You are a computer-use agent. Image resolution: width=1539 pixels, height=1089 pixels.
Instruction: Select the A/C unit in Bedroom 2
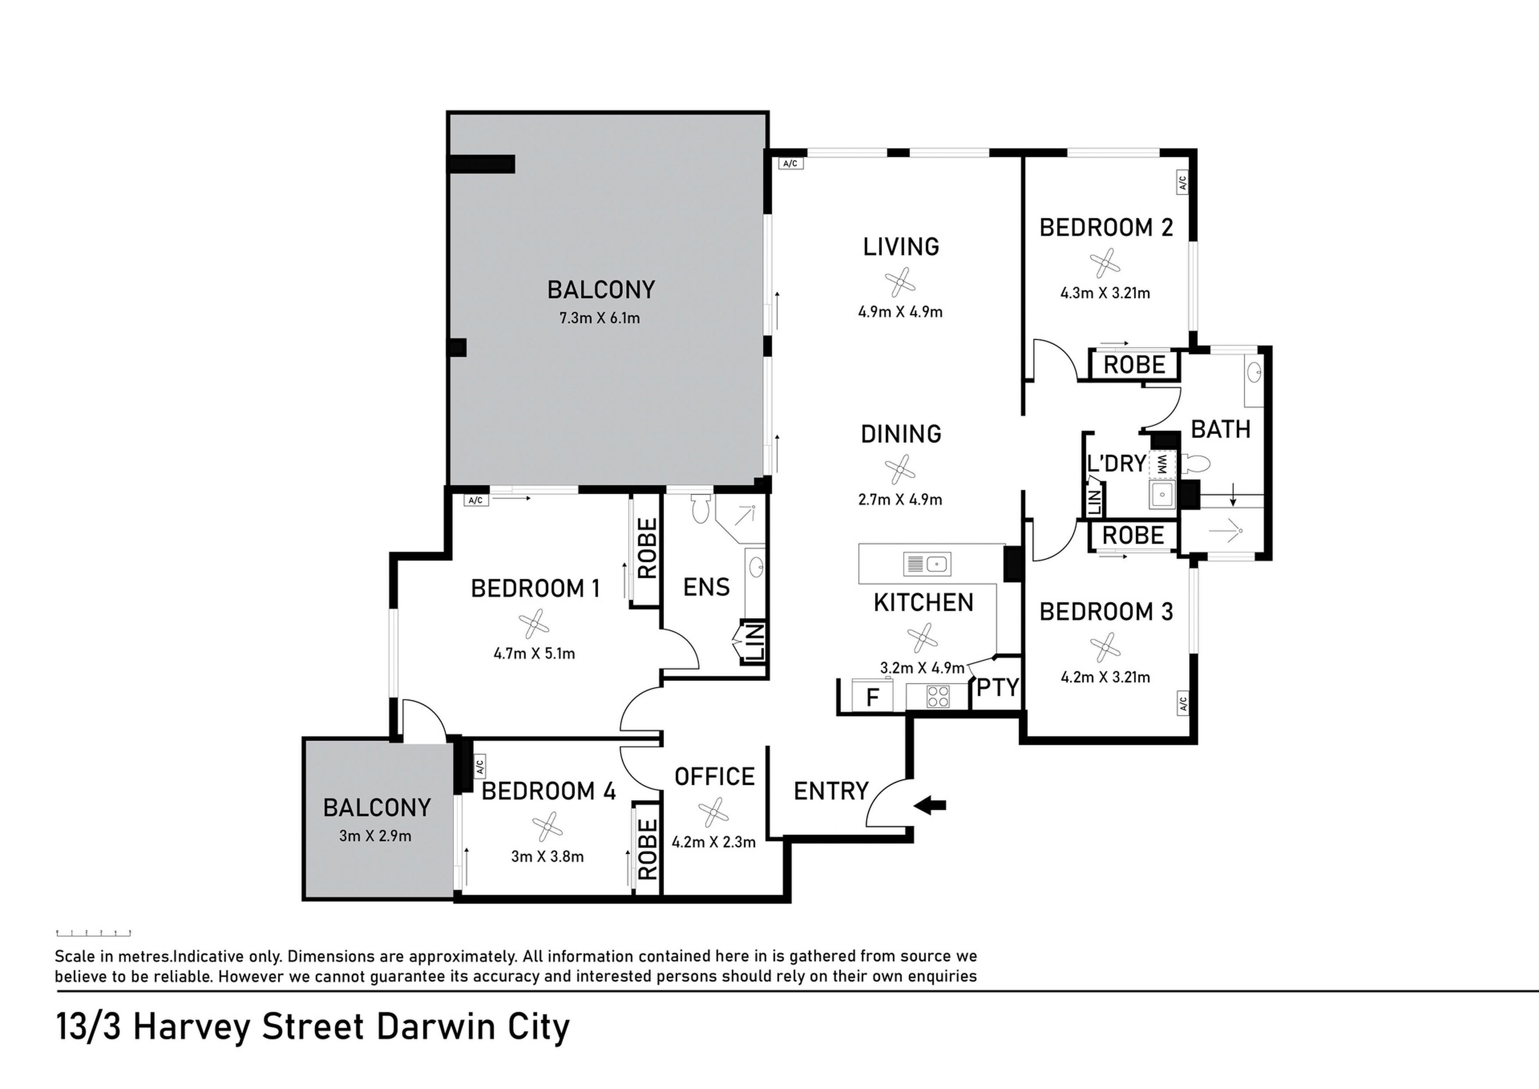[x=1182, y=182]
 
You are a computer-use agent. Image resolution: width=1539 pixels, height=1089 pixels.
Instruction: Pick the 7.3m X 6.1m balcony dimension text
[x=600, y=318]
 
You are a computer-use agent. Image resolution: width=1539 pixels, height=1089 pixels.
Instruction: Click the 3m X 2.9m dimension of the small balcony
[x=376, y=836]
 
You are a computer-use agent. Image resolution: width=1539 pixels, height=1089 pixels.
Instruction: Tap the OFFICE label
[x=714, y=776]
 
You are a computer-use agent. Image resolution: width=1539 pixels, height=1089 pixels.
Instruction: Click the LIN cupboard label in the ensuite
[x=755, y=642]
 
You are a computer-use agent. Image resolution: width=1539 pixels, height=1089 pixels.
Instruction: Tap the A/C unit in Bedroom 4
[x=479, y=766]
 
